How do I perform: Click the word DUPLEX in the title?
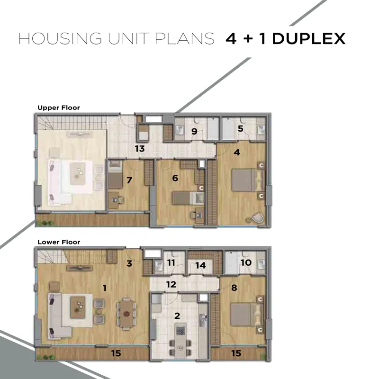(x=309, y=39)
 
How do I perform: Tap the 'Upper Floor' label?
(x=58, y=108)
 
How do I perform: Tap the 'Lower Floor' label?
(x=59, y=242)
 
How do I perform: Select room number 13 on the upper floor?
(x=140, y=149)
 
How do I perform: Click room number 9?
(x=194, y=132)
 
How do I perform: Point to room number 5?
(x=240, y=128)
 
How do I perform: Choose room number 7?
(x=129, y=180)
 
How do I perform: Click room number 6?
(x=175, y=178)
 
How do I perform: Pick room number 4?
(x=237, y=152)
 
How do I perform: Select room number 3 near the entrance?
(x=129, y=263)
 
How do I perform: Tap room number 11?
(x=171, y=262)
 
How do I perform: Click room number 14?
(x=200, y=265)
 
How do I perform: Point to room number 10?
(x=246, y=262)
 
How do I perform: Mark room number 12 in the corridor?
(x=171, y=285)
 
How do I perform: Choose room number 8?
(x=234, y=288)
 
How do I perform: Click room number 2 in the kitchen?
(x=177, y=316)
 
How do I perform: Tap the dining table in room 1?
(x=126, y=314)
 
